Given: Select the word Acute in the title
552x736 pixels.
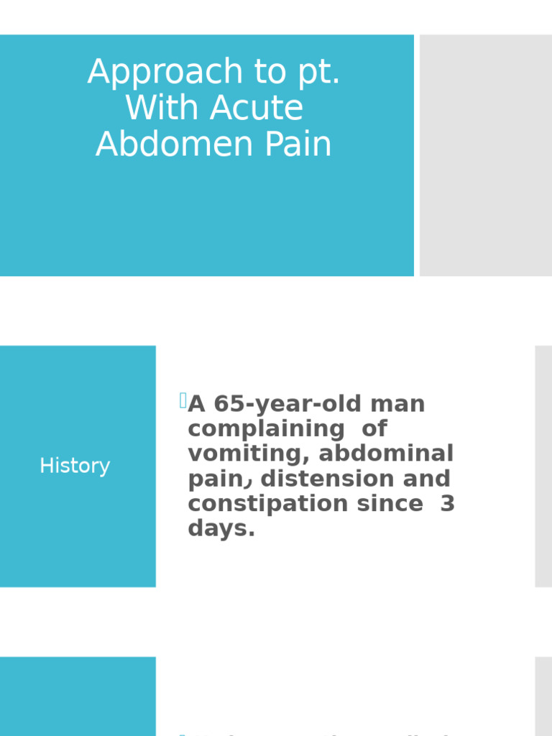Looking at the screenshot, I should (257, 109).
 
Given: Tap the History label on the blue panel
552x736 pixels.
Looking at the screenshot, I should (75, 466).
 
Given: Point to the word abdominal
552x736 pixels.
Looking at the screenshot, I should (387, 454).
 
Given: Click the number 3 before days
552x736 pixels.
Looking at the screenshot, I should (447, 504).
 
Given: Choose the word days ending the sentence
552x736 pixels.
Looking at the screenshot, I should (221, 529).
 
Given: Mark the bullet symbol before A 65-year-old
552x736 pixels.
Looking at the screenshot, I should (183, 401).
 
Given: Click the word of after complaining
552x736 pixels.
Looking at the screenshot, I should (374, 430).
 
